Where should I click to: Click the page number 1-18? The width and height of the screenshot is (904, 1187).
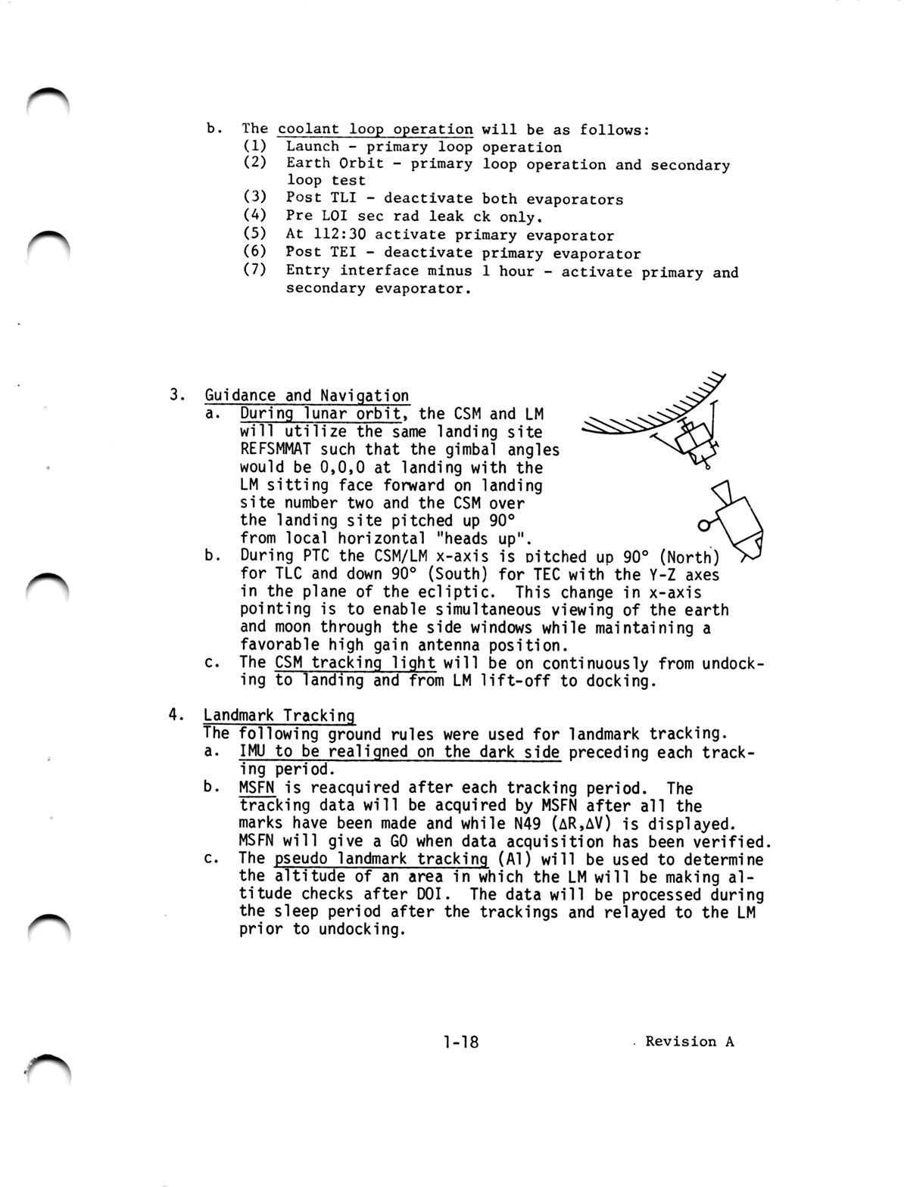(461, 1042)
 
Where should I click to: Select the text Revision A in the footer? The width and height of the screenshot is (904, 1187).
(690, 1041)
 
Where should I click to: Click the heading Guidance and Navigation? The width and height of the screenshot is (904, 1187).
(307, 395)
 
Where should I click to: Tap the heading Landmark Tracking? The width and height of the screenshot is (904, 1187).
(279, 716)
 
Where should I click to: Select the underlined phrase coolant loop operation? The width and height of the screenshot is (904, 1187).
(376, 129)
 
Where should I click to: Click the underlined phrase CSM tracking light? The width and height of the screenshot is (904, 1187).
(356, 663)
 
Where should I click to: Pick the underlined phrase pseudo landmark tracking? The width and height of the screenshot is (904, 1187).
(382, 859)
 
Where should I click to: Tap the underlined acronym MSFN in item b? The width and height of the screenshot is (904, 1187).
(256, 788)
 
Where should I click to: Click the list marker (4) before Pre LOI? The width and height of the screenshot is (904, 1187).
(255, 216)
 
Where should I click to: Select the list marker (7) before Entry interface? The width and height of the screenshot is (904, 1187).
(255, 270)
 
